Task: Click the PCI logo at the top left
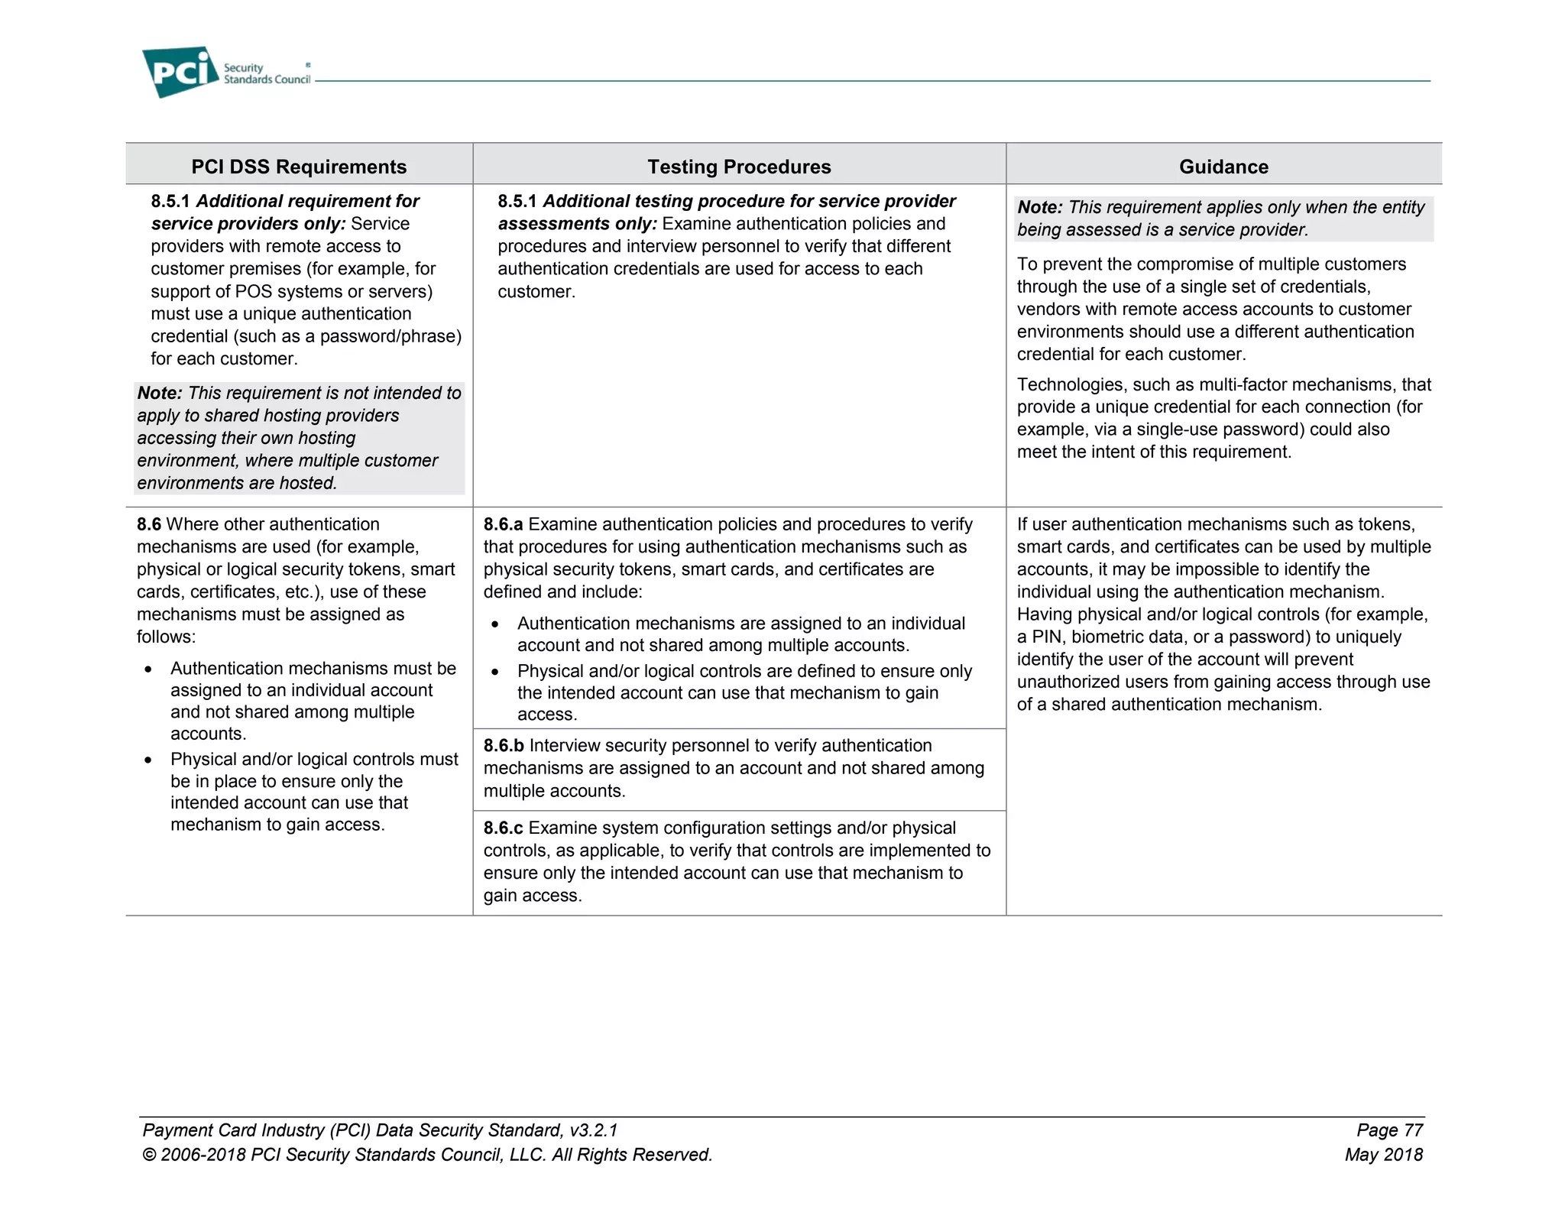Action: click(180, 72)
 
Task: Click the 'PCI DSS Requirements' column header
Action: click(299, 167)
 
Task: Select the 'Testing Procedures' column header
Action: click(739, 167)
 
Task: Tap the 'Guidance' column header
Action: click(1223, 167)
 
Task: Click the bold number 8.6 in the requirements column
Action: click(149, 524)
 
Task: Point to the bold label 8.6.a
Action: click(503, 524)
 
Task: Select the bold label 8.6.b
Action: click(504, 745)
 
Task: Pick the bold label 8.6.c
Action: click(503, 828)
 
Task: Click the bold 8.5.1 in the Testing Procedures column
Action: click(517, 201)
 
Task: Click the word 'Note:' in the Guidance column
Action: click(1040, 207)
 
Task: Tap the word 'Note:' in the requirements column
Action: click(160, 393)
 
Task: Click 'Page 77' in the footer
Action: click(1389, 1130)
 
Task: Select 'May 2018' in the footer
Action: click(1383, 1154)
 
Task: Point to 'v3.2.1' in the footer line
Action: click(593, 1130)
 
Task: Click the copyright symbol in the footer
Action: click(149, 1155)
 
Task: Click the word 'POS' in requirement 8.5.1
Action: click(253, 291)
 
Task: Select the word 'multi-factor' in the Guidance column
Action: click(1249, 384)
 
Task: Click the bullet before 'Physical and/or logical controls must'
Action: click(148, 760)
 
